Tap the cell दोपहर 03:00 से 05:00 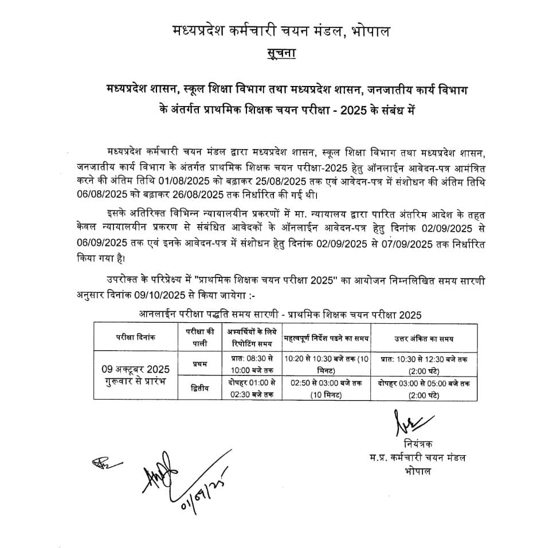click(424, 383)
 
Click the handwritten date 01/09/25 click(196, 494)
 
